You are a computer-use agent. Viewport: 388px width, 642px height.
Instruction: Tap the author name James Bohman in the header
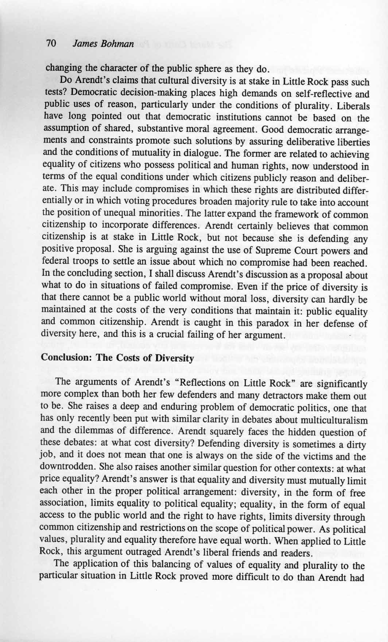103,44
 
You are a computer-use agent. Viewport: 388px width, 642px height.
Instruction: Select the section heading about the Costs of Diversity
118,358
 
